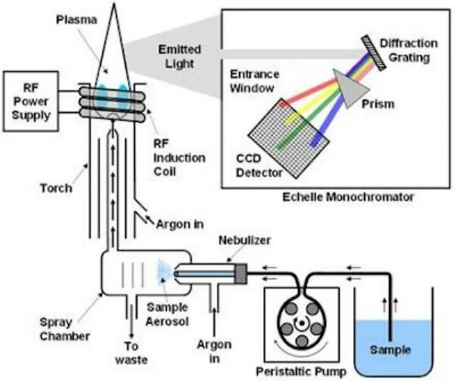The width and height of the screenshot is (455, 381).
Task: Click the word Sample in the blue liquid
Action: [390, 350]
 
